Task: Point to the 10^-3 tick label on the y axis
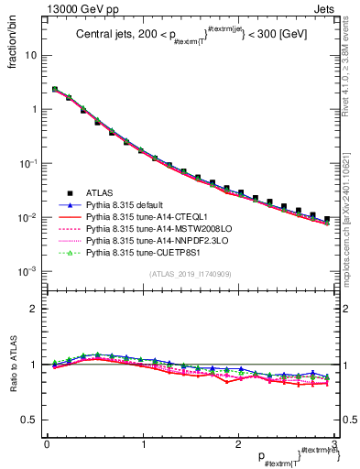tap(27, 272)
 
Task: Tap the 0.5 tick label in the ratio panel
tap(29, 420)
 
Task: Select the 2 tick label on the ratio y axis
tap(35, 309)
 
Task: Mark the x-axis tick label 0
tap(46, 444)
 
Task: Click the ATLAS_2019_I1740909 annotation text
tap(189, 274)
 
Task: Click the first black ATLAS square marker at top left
tap(55, 90)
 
